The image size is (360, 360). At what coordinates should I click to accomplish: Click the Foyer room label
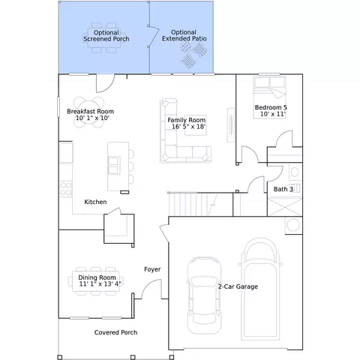[x=152, y=269]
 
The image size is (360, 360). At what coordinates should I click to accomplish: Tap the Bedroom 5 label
[x=271, y=107]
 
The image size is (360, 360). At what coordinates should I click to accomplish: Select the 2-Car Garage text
[x=238, y=286]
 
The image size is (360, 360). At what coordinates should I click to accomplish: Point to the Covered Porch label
[x=115, y=332]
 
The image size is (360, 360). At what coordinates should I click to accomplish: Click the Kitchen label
[x=95, y=202]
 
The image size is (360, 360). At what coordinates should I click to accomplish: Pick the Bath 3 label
[x=283, y=189]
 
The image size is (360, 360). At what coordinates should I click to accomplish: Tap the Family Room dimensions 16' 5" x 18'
[x=188, y=127]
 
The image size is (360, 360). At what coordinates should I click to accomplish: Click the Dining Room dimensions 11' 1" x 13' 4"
[x=100, y=284]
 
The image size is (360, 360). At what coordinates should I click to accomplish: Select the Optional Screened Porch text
[x=106, y=36]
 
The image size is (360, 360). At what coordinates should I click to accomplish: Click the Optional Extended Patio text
[x=184, y=35]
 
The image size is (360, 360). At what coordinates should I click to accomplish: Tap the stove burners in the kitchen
[x=66, y=189]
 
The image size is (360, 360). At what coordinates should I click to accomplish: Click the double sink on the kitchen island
[x=114, y=166]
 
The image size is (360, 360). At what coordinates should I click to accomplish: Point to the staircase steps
[x=193, y=204]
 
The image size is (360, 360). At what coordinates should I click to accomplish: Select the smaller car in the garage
[x=204, y=295]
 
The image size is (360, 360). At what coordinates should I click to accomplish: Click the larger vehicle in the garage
[x=260, y=289]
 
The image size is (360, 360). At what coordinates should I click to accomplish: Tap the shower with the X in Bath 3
[x=285, y=207]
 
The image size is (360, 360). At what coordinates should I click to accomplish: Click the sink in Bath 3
[x=295, y=172]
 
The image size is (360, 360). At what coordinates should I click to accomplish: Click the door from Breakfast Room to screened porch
[x=105, y=83]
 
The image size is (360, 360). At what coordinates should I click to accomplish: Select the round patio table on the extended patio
[x=186, y=46]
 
